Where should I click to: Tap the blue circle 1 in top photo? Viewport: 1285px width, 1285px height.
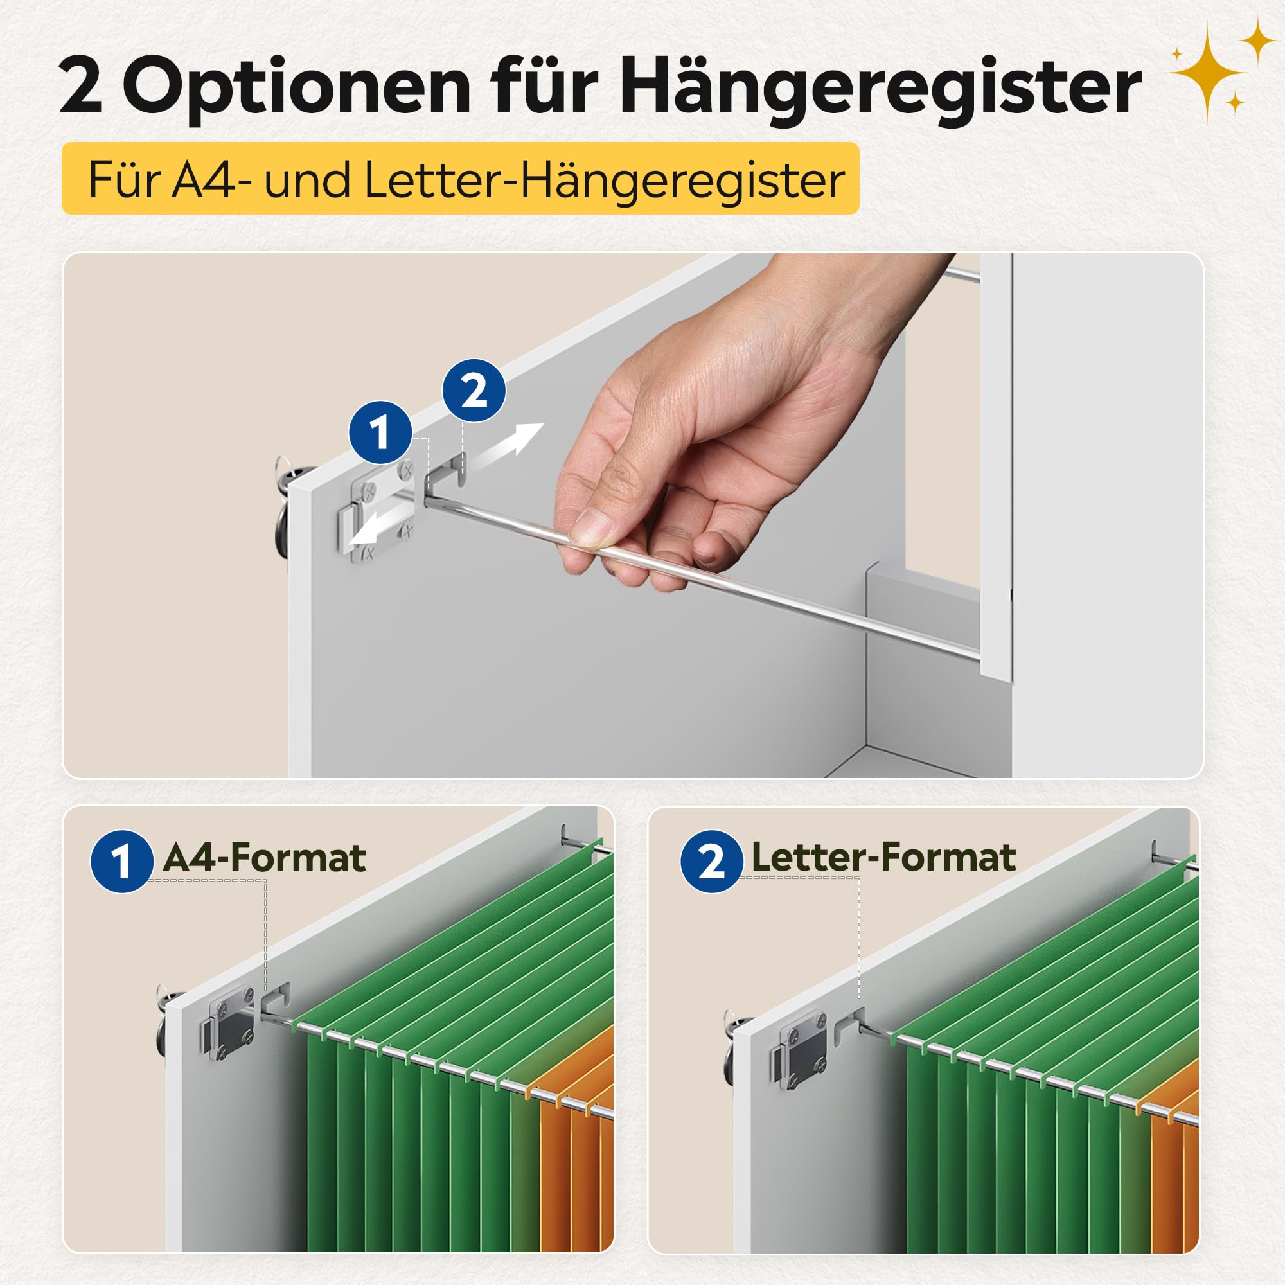pos(380,432)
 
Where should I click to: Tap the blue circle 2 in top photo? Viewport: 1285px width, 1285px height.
pos(474,391)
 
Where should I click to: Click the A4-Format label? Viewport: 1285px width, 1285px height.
pos(264,857)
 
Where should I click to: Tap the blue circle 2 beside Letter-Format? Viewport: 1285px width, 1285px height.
pos(711,862)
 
